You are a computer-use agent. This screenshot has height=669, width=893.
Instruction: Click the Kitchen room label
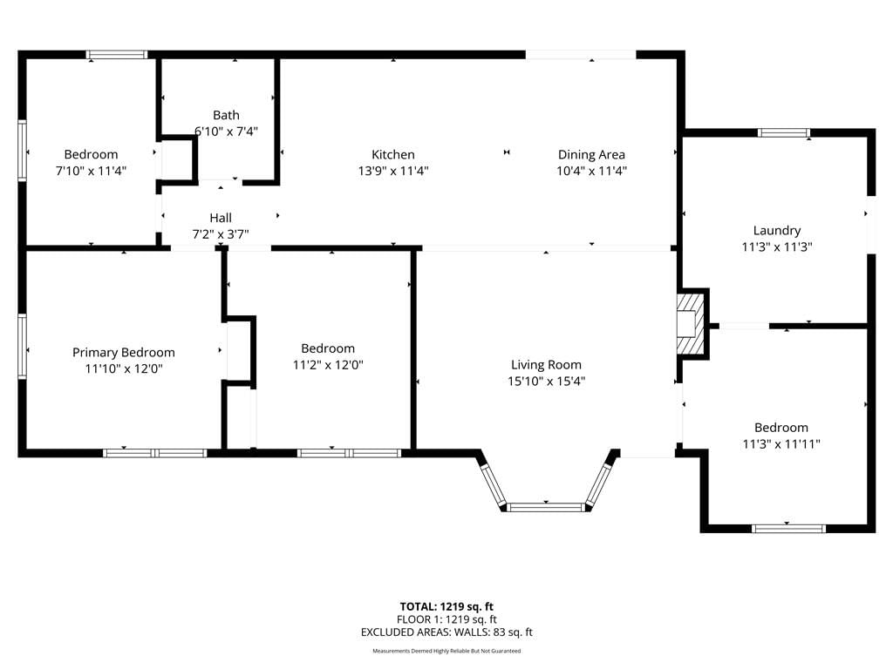[x=393, y=154]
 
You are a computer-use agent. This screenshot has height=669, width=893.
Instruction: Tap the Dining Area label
[x=591, y=155]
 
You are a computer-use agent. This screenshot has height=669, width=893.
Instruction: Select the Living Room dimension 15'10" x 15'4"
[x=546, y=382]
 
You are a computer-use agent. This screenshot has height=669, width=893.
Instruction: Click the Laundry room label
[x=777, y=230]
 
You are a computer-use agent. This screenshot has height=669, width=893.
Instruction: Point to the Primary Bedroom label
[x=124, y=353]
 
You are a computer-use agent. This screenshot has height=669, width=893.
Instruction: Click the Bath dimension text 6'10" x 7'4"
[x=226, y=132]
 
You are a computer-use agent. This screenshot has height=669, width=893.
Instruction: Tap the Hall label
[x=221, y=218]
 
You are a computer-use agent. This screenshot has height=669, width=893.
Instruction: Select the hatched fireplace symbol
[x=691, y=324]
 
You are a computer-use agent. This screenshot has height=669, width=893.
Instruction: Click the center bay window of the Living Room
[x=546, y=507]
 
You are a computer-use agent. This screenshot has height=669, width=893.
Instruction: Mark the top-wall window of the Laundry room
[x=784, y=133]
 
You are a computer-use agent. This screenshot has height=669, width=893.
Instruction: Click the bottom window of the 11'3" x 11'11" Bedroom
[x=788, y=529]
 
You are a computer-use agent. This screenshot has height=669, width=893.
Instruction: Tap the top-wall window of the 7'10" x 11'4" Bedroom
[x=117, y=55]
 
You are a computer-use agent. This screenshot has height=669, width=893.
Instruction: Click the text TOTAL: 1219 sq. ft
[x=446, y=606]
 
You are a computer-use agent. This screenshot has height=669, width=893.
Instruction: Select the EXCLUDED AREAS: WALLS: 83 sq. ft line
[x=446, y=632]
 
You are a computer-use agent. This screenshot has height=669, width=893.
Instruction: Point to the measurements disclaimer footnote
[x=446, y=651]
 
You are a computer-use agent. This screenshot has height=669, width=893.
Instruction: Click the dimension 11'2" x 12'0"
[x=328, y=365]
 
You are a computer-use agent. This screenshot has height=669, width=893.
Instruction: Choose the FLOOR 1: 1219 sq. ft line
[x=446, y=619]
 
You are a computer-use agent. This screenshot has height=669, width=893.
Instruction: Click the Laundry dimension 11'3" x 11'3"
[x=777, y=247]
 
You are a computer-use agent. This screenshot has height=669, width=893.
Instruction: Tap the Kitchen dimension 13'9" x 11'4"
[x=393, y=171]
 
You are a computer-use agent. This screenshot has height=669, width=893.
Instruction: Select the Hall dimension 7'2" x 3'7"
[x=221, y=233]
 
